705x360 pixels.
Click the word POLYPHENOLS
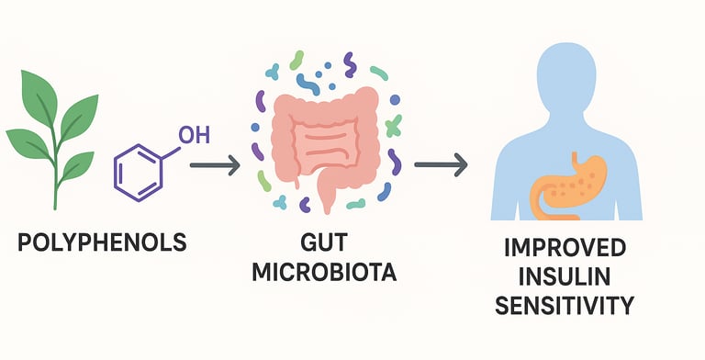pos(101,243)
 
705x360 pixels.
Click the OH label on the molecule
pos(193,136)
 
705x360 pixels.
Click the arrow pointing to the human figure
pos(440,165)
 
